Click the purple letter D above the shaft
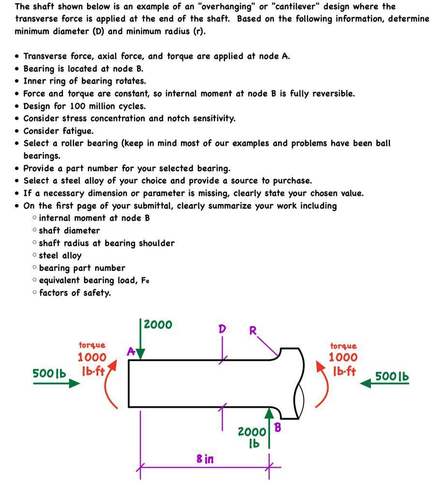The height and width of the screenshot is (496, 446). (222, 329)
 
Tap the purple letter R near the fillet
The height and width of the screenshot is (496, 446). (253, 331)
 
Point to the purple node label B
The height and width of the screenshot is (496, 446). (278, 427)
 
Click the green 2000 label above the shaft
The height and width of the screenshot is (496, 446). (158, 325)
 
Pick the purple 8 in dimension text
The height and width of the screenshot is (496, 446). (205, 458)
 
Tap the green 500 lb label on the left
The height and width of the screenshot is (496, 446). (49, 373)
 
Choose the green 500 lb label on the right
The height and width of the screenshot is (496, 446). (392, 376)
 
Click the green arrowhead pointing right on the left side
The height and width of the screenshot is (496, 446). (74, 384)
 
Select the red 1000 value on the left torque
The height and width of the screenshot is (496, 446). (92, 357)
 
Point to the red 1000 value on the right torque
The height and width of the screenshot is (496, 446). (343, 357)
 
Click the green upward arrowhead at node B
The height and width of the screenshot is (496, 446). (269, 412)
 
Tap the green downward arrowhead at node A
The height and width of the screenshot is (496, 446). (140, 355)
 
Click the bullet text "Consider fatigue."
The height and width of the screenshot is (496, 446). (59, 131)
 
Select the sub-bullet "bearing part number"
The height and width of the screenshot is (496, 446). (82, 268)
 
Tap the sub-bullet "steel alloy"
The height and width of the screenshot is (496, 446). (60, 255)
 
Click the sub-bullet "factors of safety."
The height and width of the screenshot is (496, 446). (74, 293)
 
